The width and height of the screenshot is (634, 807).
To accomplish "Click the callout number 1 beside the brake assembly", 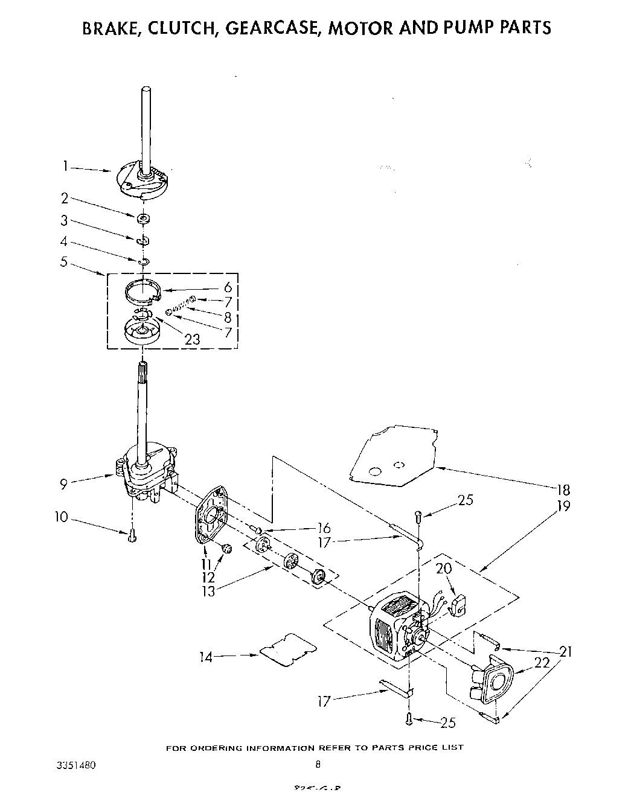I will point(66,165).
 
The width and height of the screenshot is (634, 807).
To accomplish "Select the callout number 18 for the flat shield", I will point(563,489).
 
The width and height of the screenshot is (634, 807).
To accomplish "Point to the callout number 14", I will point(207,656).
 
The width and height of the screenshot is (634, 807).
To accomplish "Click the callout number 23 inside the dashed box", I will point(192,339).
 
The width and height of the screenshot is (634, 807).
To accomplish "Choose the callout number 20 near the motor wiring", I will point(443,568).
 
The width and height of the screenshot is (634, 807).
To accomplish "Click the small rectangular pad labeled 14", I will point(288,649).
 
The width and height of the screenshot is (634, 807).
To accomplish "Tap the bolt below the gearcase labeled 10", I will point(132,535).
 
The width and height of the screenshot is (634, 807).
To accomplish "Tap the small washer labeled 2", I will point(144,218).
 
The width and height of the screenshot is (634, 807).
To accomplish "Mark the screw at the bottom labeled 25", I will point(409,718).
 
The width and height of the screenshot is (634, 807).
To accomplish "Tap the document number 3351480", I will point(75,764).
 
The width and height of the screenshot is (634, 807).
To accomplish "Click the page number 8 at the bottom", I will point(318,764).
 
